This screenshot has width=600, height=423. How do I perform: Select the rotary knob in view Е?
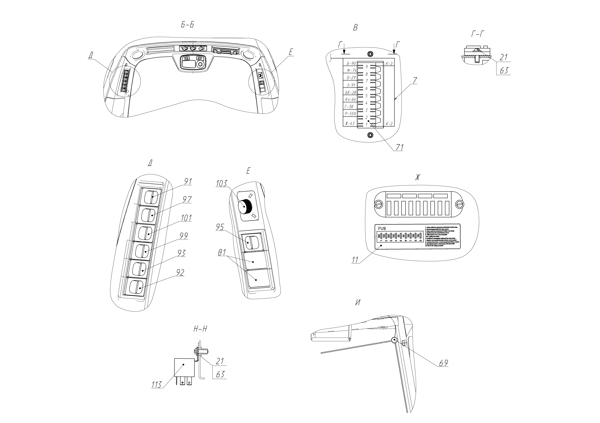coord(245,206)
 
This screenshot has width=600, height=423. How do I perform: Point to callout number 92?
coord(180,273)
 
